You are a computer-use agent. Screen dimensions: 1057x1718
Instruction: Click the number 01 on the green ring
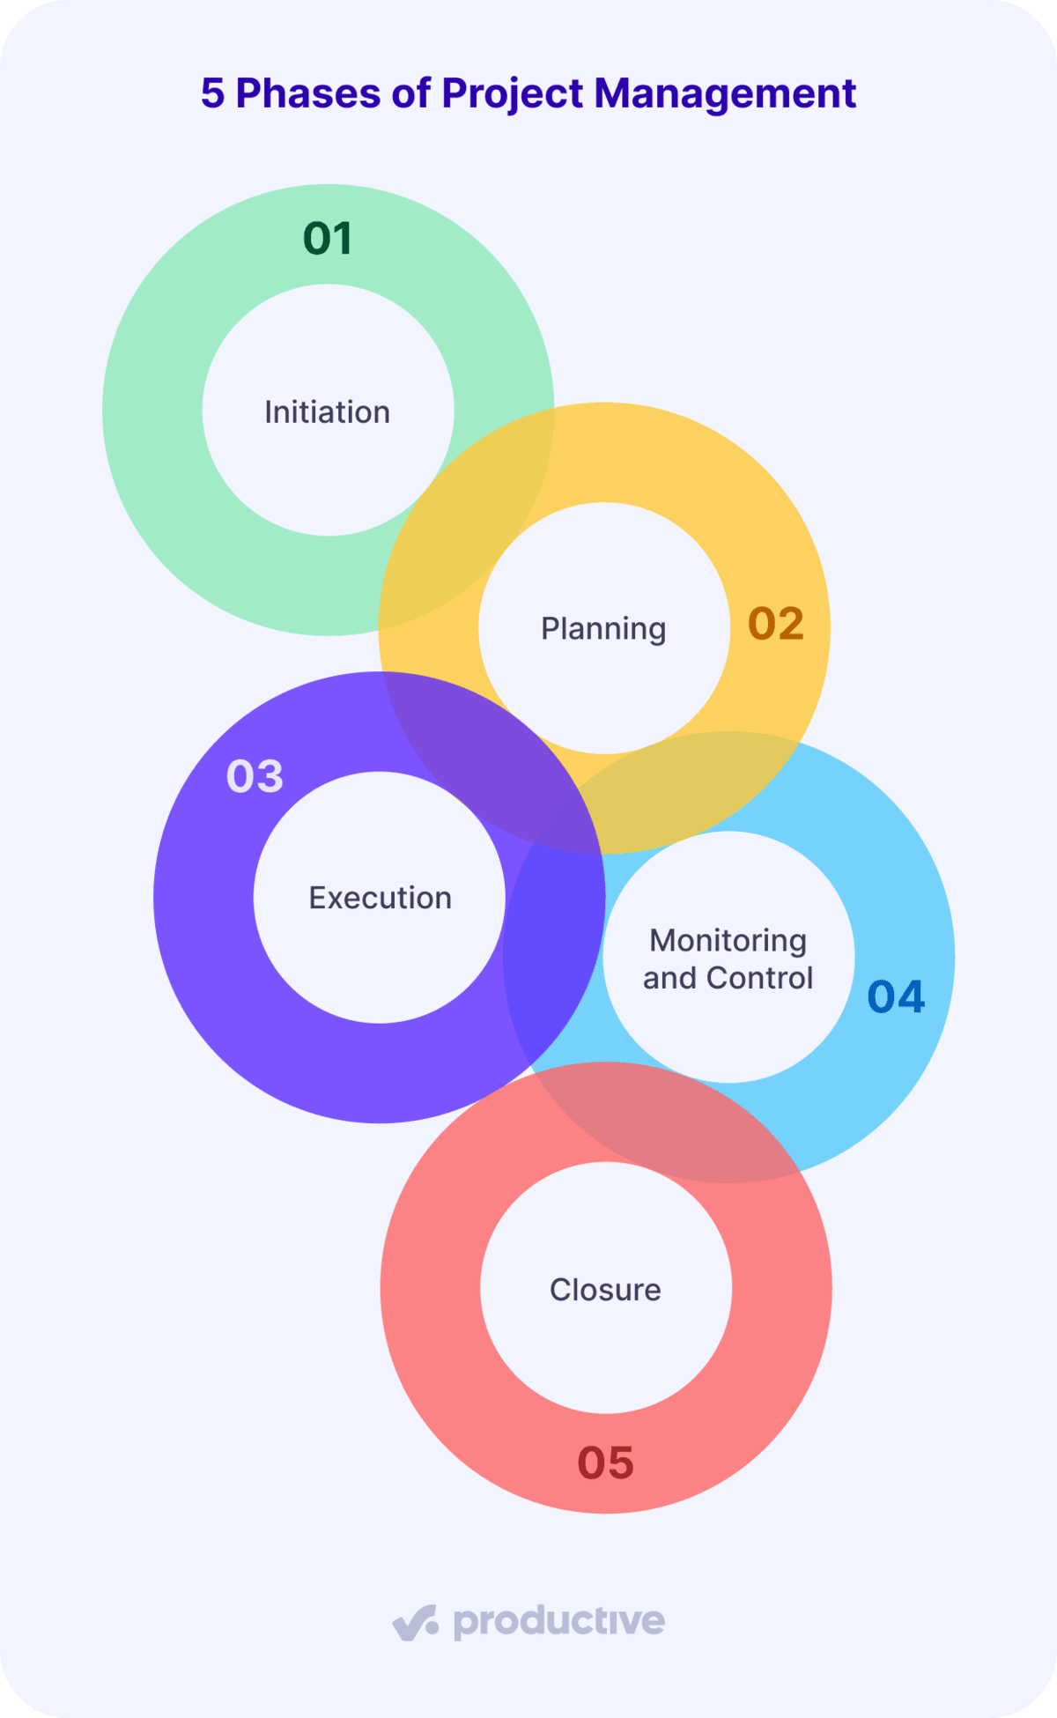[328, 239]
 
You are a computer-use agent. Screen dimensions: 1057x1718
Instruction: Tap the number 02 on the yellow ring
[776, 624]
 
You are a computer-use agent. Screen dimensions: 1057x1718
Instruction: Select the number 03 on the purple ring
[255, 776]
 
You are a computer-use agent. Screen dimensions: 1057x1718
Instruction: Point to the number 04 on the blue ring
[896, 996]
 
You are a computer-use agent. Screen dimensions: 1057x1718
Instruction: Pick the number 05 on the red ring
[606, 1463]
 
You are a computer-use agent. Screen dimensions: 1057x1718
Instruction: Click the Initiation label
[328, 412]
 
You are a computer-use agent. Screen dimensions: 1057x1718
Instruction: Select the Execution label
[381, 898]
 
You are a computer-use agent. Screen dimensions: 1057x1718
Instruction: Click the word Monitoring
[728, 942]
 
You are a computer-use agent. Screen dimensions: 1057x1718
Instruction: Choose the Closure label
[605, 1290]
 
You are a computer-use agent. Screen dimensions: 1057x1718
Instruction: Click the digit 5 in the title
[212, 93]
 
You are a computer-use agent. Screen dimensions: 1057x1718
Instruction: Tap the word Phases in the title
[307, 93]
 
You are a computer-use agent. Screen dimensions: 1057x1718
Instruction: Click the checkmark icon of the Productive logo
[415, 1623]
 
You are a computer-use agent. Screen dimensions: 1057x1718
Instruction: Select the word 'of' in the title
[410, 93]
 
